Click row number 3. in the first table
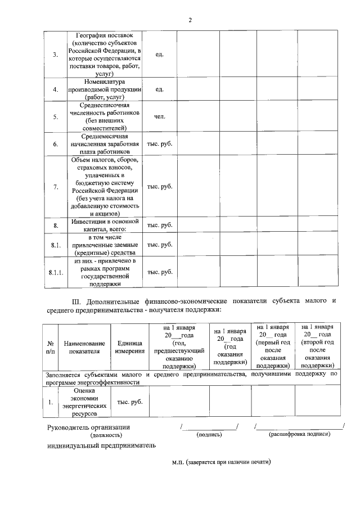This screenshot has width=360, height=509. click(55, 55)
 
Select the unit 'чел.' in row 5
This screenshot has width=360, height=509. click(159, 117)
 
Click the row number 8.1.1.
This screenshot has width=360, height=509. click(56, 272)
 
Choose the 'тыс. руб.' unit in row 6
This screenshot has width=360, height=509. click(159, 144)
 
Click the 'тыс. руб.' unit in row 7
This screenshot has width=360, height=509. click(159, 187)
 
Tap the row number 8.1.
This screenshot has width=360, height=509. click(55, 245)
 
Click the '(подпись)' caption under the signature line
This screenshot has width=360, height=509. click(209, 435)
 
